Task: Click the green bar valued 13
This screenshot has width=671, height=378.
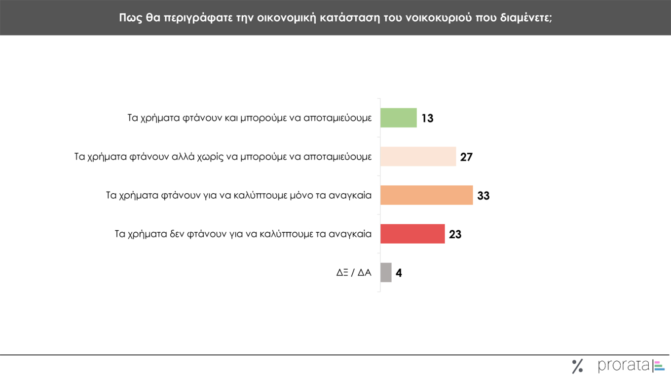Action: click(399, 118)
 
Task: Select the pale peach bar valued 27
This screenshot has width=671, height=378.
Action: click(418, 156)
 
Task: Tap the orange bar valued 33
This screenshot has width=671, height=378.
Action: click(426, 195)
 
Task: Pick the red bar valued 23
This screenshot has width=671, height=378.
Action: click(412, 234)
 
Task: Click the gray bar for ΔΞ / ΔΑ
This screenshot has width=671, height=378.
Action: click(386, 272)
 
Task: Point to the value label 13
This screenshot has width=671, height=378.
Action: click(427, 119)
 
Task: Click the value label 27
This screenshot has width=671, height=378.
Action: click(466, 157)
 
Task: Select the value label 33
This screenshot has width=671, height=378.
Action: click(483, 196)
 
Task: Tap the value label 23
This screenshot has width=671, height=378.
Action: click(455, 234)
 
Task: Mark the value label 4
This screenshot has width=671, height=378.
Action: click(399, 273)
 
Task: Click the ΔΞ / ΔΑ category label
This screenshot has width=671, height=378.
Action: click(353, 272)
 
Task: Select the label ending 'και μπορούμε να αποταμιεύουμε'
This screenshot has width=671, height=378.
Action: click(249, 119)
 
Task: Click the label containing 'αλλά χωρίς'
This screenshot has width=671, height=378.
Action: click(223, 157)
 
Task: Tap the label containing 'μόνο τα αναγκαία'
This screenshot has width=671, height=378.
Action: click(239, 196)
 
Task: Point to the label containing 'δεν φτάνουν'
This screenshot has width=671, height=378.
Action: click(243, 234)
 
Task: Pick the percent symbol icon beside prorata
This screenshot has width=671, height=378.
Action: click(577, 366)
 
